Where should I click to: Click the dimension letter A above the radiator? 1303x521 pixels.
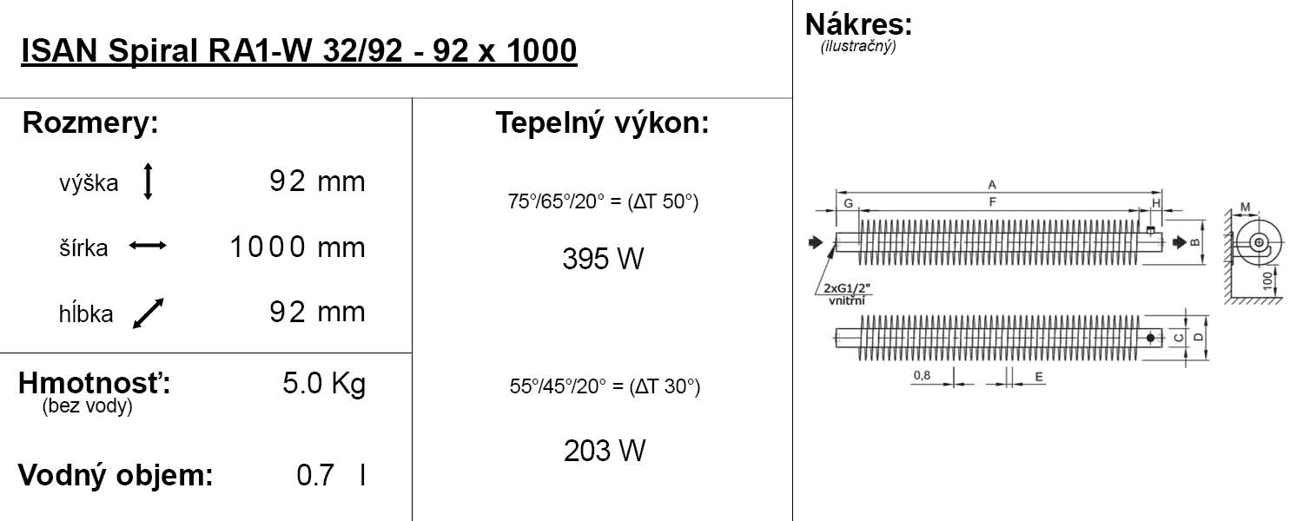click(991, 184)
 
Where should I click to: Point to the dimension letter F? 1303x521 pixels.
click(993, 202)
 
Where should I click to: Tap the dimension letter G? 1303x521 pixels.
click(847, 202)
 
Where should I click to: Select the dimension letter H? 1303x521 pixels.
click(1156, 202)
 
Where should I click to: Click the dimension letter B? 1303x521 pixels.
click(1195, 242)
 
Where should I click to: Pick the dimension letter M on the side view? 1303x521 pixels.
click(1245, 208)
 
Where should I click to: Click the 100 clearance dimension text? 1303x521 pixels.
click(1268, 280)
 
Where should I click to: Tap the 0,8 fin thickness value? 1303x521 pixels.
click(922, 375)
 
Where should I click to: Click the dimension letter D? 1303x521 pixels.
click(1198, 337)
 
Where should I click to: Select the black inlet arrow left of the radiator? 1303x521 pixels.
click(815, 242)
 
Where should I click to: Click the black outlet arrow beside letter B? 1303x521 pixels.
click(1179, 242)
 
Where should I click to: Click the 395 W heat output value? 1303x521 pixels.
click(603, 259)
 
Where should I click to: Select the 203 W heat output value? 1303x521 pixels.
click(605, 451)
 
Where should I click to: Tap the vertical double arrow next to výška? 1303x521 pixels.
click(148, 181)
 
